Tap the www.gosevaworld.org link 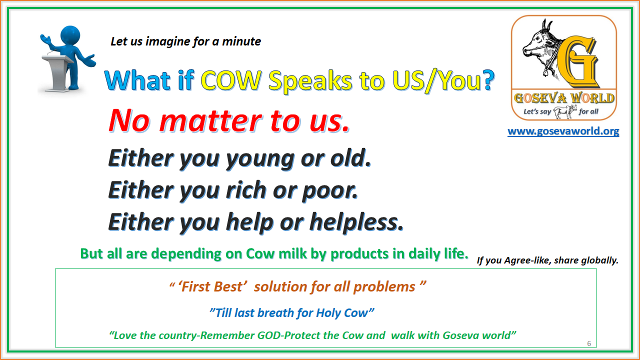click(563, 131)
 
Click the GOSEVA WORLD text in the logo click(563, 97)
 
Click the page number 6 click(589, 343)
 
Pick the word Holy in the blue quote click(328, 313)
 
